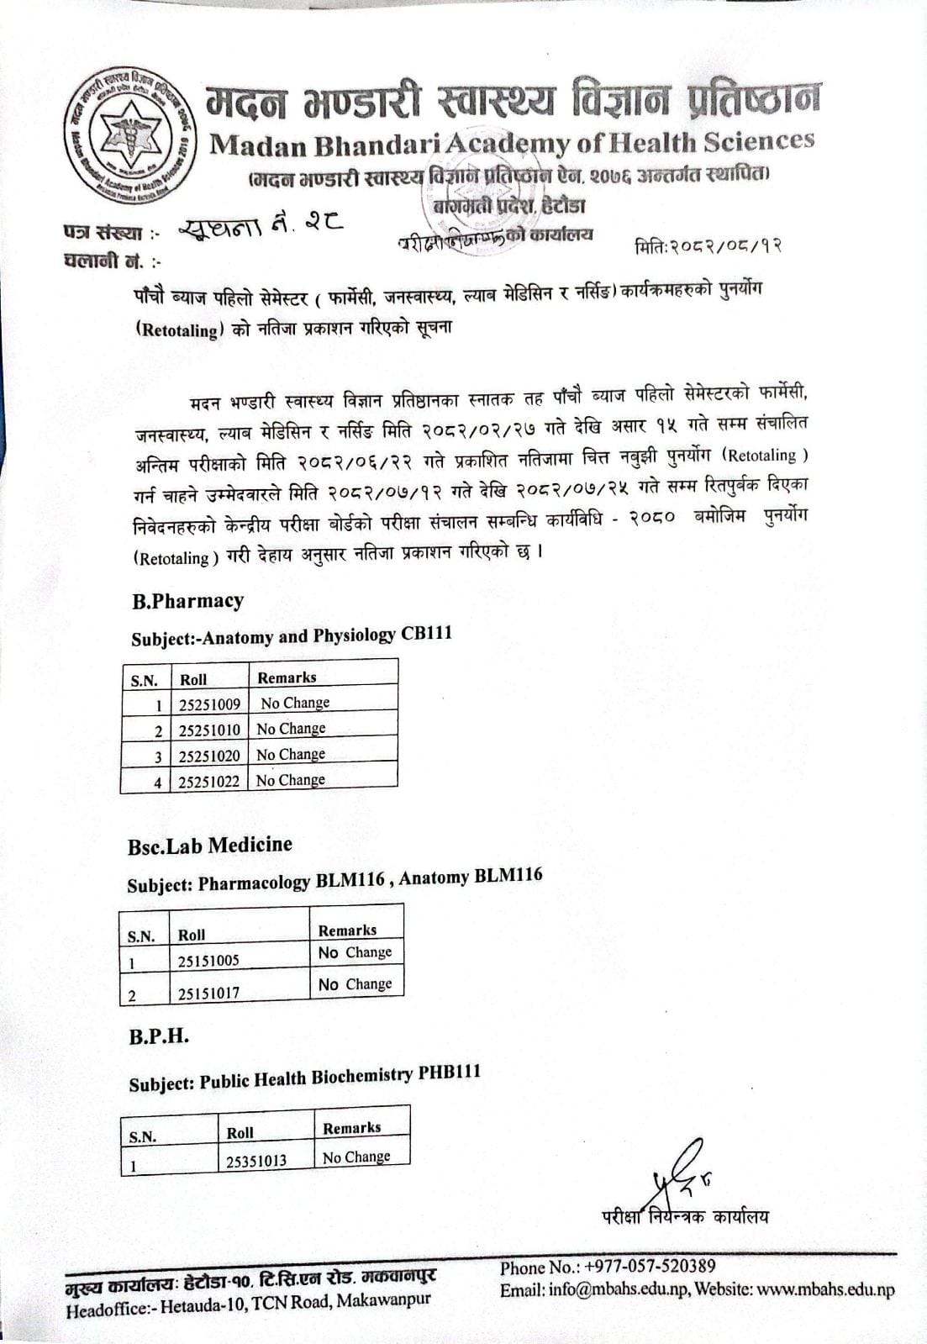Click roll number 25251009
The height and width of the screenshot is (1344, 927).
(209, 704)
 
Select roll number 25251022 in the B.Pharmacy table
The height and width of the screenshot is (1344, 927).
(209, 781)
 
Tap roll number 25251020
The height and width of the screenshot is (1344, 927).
(209, 756)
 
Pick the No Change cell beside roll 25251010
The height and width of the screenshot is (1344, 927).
(291, 729)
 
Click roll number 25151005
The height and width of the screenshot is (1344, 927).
(208, 960)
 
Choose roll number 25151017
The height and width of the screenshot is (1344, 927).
(208, 993)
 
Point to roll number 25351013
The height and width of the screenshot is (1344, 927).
(256, 1161)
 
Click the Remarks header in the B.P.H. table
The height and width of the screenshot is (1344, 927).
(351, 1128)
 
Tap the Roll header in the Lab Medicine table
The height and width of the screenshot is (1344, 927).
(192, 935)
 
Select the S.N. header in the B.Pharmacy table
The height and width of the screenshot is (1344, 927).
(144, 680)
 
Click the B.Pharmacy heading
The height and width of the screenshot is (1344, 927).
(187, 601)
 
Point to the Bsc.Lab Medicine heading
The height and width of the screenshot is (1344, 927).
(210, 845)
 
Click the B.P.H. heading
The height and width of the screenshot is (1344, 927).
(159, 1036)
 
